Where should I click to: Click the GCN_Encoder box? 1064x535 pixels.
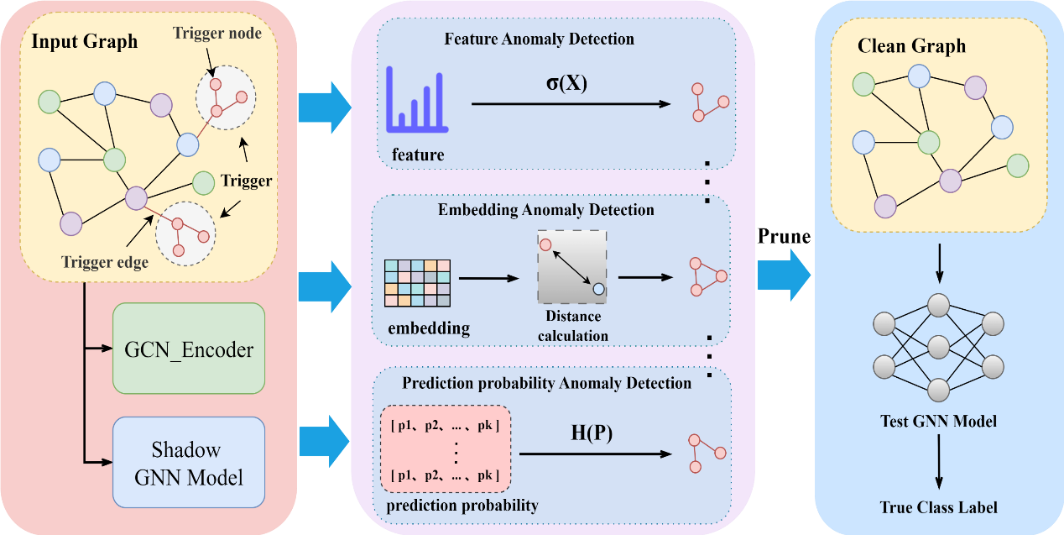click(189, 349)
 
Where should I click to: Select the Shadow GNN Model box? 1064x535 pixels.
click(189, 463)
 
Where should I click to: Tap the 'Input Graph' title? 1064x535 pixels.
click(85, 42)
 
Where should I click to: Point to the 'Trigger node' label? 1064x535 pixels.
click(217, 34)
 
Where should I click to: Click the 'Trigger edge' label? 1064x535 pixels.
click(105, 262)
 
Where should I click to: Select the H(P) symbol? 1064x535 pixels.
click(592, 434)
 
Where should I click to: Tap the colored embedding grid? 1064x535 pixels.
click(417, 283)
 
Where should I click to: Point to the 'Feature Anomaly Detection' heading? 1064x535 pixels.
click(539, 39)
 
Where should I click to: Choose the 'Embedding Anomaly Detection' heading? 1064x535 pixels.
click(545, 210)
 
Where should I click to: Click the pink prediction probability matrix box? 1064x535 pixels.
click(445, 450)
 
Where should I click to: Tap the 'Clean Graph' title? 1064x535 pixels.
click(911, 46)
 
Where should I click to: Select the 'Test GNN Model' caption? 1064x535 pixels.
click(938, 421)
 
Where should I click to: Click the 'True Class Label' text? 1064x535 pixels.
click(939, 507)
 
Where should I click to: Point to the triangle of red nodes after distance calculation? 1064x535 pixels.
click(707, 276)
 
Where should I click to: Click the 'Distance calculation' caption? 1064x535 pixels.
click(573, 326)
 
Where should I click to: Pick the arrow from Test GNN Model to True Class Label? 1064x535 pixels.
click(939, 462)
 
